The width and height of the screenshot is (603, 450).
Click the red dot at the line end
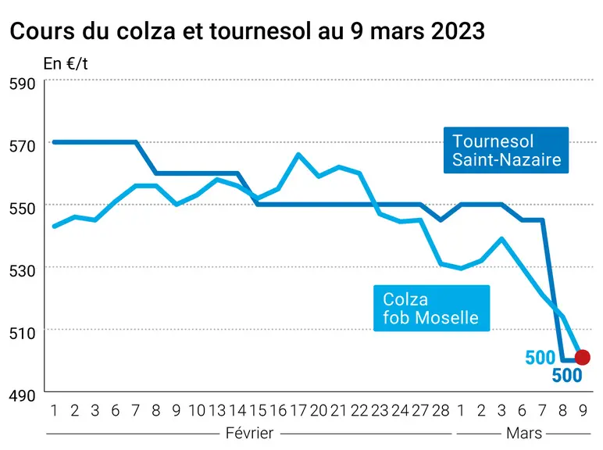click(x=582, y=357)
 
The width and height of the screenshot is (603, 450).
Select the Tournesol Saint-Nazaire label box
click(x=506, y=150)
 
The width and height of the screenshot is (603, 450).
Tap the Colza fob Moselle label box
click(x=431, y=308)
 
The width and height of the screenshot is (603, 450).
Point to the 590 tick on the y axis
click(x=23, y=84)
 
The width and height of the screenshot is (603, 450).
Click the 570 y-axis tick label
click(x=23, y=146)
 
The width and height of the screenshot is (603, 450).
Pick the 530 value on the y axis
click(x=23, y=271)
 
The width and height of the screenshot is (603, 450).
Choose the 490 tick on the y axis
click(x=23, y=395)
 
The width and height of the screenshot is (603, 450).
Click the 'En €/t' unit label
click(x=66, y=63)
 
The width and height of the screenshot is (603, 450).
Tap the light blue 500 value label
click(x=541, y=358)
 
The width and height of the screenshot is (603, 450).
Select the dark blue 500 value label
click(x=567, y=375)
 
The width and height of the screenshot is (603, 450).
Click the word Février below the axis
click(x=250, y=433)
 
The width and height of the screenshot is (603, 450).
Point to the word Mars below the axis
click(x=524, y=433)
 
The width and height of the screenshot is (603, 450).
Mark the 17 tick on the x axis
click(x=298, y=411)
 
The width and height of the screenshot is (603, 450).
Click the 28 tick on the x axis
click(x=441, y=411)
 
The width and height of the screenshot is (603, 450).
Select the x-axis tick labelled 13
click(x=217, y=411)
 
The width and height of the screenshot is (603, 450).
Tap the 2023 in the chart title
click(x=458, y=30)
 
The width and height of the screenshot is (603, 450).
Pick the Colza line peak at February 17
click(x=298, y=154)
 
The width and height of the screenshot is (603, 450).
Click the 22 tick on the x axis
click(x=359, y=411)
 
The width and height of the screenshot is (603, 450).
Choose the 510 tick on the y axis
click(x=23, y=333)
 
